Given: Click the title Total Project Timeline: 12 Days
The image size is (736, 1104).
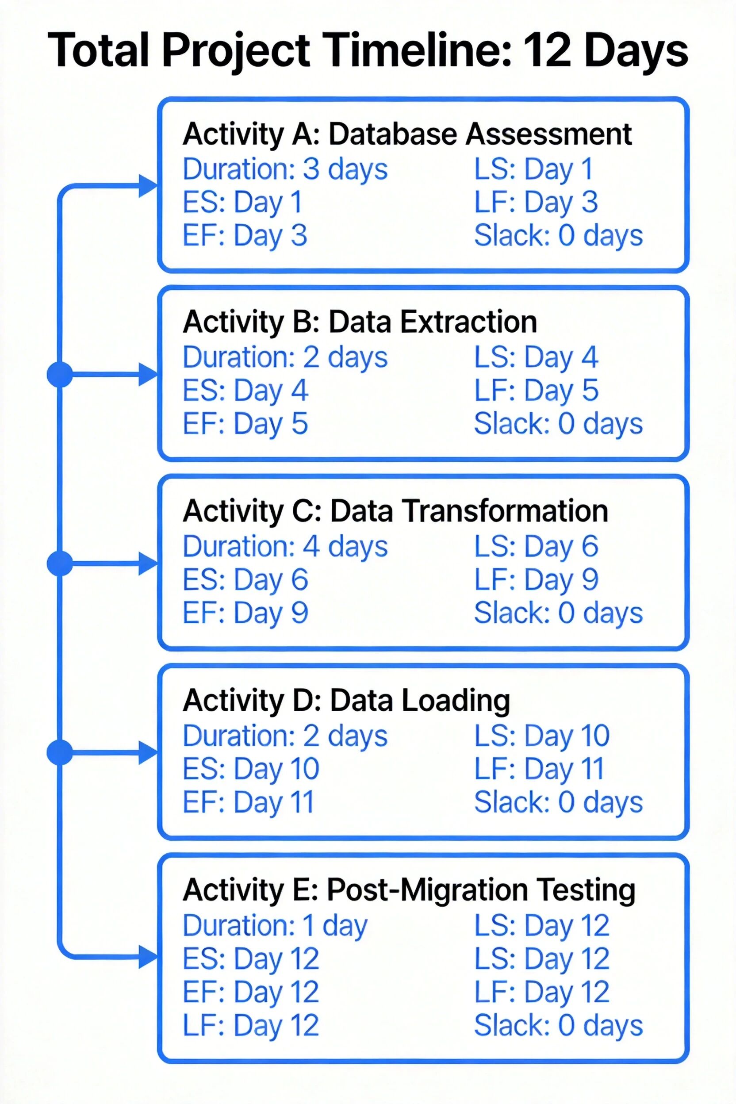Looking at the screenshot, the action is tap(368, 51).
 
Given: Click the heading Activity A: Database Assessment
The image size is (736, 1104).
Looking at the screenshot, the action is tap(407, 134).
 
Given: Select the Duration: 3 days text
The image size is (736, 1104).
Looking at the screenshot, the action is tap(285, 169).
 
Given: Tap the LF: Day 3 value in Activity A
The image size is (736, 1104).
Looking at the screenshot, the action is tap(536, 202).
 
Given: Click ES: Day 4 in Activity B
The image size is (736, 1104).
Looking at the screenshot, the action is tap(245, 391).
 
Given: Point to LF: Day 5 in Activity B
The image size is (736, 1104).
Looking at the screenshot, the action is tap(536, 391).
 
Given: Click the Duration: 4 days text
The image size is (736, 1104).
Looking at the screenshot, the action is tap(285, 546).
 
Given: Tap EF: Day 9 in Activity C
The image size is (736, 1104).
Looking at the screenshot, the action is tap(245, 613).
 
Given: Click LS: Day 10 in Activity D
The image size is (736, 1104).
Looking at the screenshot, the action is tap(542, 736).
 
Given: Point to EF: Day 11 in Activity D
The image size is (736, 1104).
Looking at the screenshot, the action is tap(248, 802).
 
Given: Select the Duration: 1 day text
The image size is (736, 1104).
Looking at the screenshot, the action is tap(275, 925).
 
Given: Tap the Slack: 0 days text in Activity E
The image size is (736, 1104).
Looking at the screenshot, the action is tap(558, 1026).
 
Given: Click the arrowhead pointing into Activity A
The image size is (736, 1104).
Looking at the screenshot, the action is tap(148, 185).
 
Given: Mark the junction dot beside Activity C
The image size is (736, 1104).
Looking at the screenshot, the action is tap(60, 563).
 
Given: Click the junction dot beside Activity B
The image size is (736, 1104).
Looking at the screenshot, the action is tap(60, 375).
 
